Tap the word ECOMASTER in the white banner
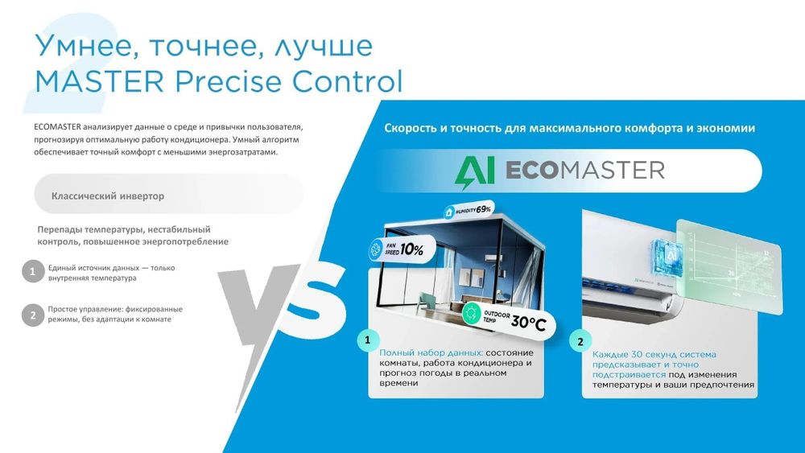coord(584,170)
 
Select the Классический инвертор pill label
coord(108,196)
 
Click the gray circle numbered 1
coord(32,272)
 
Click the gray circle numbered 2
coord(32,315)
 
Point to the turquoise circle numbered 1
coord(368,340)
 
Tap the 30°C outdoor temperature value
coord(528,323)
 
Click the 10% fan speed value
coord(411,249)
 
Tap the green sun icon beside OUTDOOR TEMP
coord(470,315)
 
